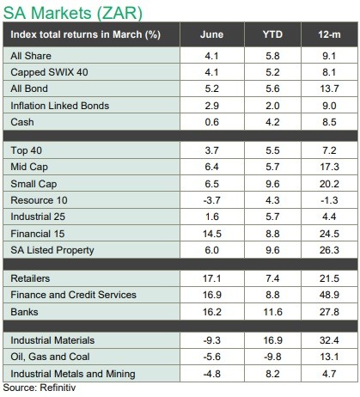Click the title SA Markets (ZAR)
point(73,13)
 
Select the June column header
point(211,34)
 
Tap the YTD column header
point(272,34)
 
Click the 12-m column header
point(329,34)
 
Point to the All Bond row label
point(29,89)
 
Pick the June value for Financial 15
point(212,234)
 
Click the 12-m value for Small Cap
point(329,184)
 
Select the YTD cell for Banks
point(272,312)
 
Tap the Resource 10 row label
point(39,200)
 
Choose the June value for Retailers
point(212,278)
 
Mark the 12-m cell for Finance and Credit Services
point(329,295)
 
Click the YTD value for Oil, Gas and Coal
point(272,357)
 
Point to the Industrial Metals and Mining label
point(73,374)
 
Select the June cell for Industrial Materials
point(212,340)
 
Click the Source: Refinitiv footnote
point(40,388)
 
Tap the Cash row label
point(22,122)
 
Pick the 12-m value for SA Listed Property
point(329,250)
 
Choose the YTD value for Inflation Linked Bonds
point(272,106)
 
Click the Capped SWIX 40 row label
point(49,72)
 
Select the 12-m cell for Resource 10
point(329,200)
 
